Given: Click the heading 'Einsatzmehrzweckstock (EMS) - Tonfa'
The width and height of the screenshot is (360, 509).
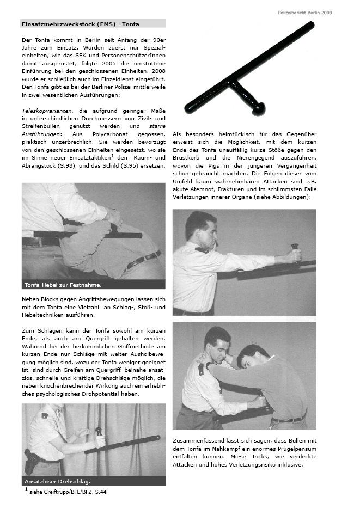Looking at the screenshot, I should (80, 24).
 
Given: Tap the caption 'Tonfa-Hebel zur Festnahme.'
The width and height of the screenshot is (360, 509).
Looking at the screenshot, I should (63, 284).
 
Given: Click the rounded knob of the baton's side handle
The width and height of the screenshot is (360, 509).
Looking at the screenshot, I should (259, 110).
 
